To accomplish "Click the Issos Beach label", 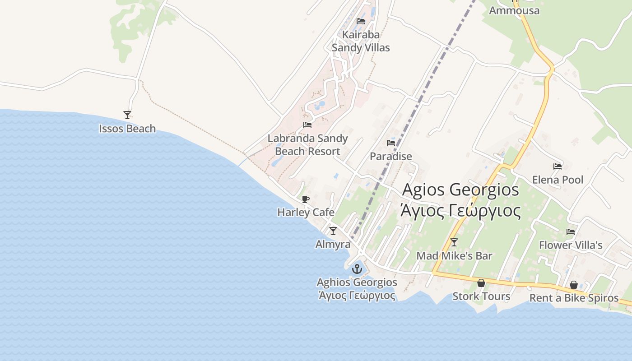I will [127, 129].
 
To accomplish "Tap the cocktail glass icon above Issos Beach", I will [127, 115].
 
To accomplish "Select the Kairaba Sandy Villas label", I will [361, 41].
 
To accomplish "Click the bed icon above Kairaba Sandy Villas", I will [361, 21].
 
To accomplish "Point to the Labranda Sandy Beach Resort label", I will [307, 144].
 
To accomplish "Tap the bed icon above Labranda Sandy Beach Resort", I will [307, 125].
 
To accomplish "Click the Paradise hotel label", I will [391, 156].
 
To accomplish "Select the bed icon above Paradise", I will [391, 143].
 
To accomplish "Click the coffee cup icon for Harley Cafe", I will [306, 199].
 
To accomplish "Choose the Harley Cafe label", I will [306, 212].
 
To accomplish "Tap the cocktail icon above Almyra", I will [333, 231].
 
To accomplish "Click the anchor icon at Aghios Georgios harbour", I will [357, 269].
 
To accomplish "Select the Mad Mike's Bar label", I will [454, 256].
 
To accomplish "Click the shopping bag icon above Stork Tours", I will [481, 283].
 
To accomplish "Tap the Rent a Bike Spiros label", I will [574, 298].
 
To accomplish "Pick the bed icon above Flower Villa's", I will [571, 232].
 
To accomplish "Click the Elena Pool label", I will [558, 180].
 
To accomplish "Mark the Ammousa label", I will [514, 10].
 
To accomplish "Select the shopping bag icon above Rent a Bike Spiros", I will [574, 285].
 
